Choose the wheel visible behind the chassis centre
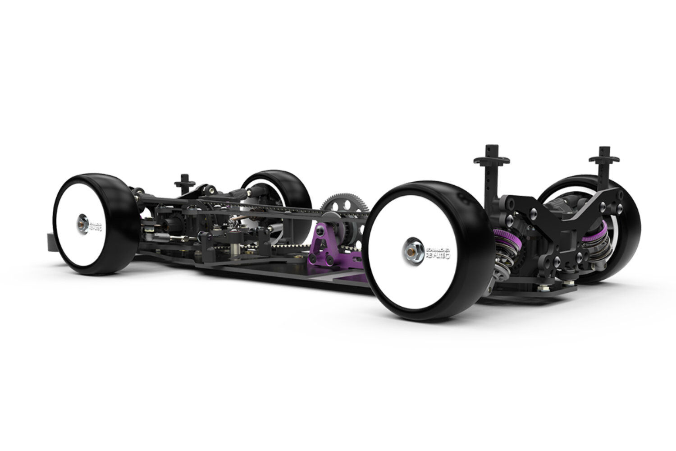pyautogui.click(x=277, y=194)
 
